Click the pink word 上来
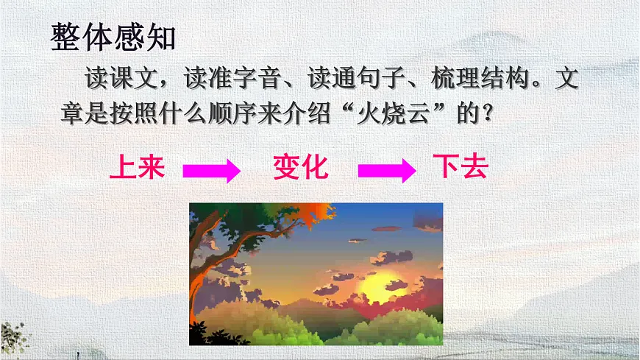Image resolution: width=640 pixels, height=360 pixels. coord(136,169)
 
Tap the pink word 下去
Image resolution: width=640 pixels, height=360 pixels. coord(461,169)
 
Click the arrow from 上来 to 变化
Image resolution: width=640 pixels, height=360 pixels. coord(212,171)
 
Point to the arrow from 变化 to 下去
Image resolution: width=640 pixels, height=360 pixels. coord(386,171)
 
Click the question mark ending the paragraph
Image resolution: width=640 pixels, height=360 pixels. coord(484,116)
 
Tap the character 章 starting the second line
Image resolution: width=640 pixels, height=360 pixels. coord(73,115)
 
